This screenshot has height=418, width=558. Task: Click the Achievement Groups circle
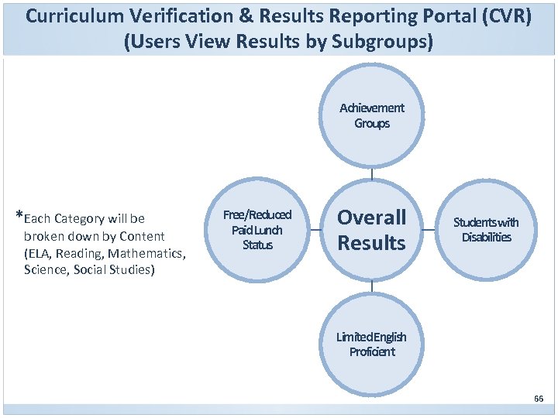(x=372, y=116)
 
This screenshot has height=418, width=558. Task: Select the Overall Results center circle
(x=372, y=230)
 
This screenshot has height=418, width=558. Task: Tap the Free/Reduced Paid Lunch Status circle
(x=257, y=230)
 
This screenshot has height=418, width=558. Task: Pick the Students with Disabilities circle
(x=486, y=230)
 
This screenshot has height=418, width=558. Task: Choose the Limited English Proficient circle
(x=372, y=344)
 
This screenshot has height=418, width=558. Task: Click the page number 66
(x=539, y=399)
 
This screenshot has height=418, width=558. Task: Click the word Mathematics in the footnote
(x=147, y=253)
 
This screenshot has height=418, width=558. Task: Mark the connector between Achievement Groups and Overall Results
(x=372, y=173)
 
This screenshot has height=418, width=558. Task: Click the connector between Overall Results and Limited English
(x=372, y=286)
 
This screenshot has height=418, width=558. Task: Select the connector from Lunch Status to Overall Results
(x=315, y=230)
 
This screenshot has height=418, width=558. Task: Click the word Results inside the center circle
(x=372, y=243)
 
